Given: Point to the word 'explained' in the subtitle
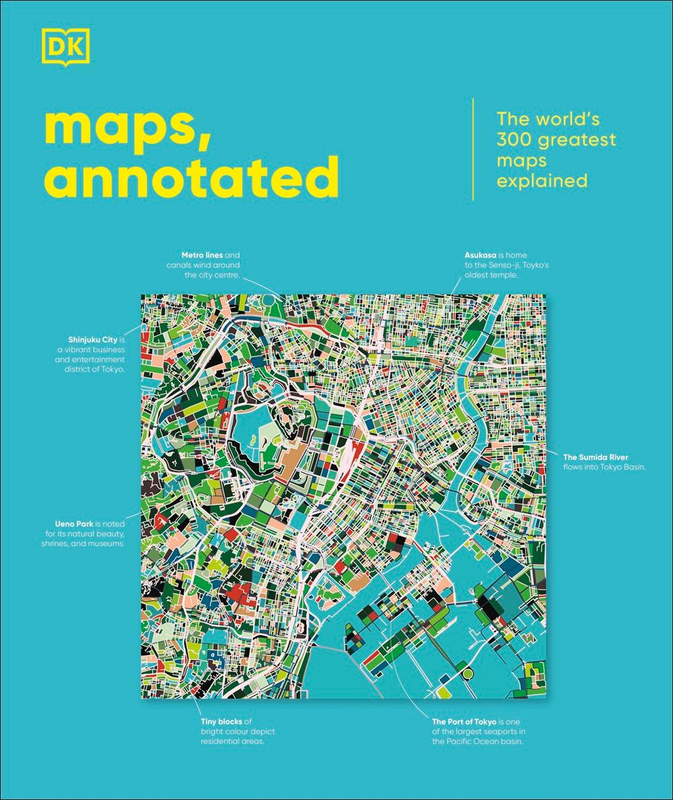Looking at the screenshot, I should click(x=542, y=181).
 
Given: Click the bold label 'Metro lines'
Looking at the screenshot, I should click(x=202, y=255).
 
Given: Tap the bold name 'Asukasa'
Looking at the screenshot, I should click(x=481, y=255).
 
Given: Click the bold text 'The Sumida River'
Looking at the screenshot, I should click(x=596, y=458).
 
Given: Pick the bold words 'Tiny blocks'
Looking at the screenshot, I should click(x=222, y=721).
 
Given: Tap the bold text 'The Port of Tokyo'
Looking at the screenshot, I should click(x=463, y=721).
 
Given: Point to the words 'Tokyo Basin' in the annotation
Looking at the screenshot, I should click(x=623, y=467).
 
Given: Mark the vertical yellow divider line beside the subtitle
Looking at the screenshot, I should click(x=473, y=149).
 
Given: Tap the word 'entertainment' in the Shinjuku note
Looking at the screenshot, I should click(x=94, y=360).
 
